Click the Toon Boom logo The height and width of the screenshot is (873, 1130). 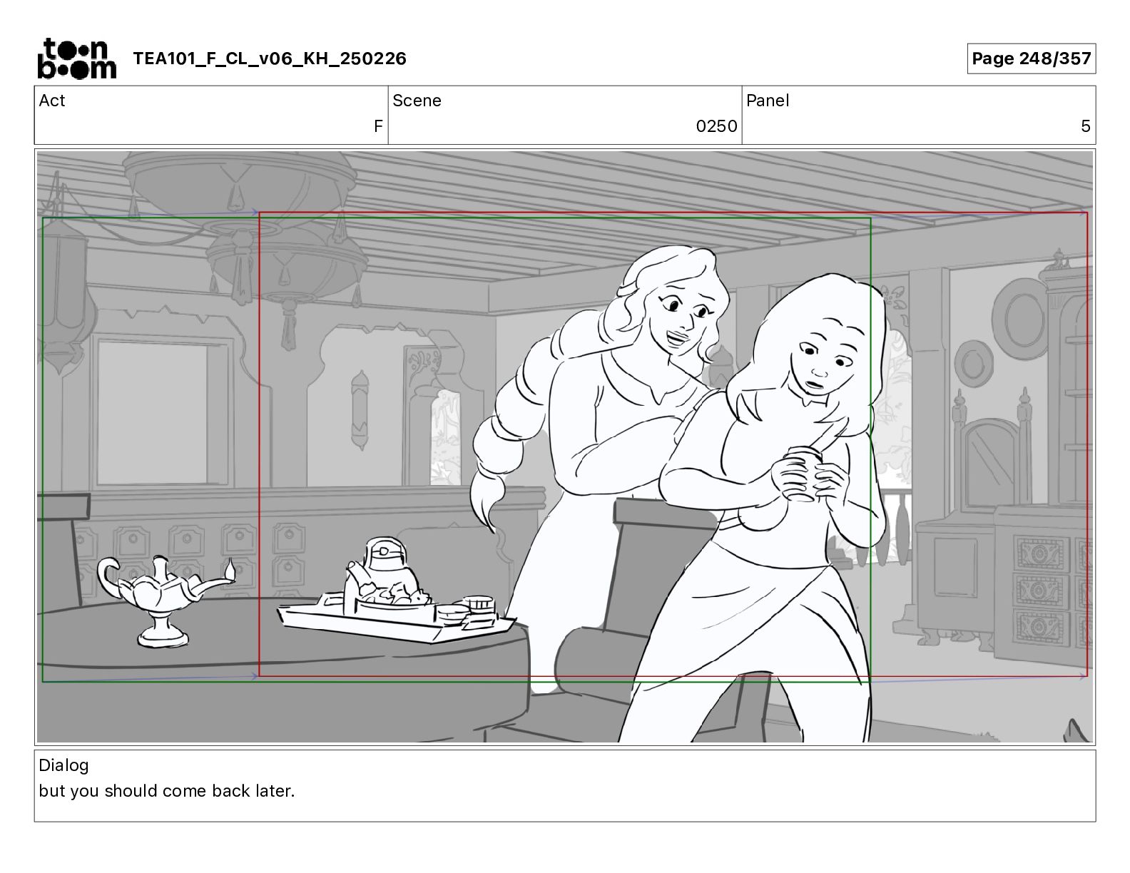(x=77, y=58)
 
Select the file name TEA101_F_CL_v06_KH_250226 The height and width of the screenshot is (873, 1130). (x=270, y=58)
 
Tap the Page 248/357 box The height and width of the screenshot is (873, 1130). (x=1032, y=58)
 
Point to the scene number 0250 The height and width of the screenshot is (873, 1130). (x=716, y=126)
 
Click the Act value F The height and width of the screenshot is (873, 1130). (x=378, y=126)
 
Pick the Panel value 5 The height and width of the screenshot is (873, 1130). (x=1085, y=126)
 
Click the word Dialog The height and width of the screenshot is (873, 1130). (x=63, y=765)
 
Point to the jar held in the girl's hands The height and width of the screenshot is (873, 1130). (x=803, y=474)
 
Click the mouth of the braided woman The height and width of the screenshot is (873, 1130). (x=677, y=339)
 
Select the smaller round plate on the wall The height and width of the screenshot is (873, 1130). (x=974, y=364)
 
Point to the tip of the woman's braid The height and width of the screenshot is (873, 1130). (x=492, y=531)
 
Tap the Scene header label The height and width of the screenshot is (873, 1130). (x=417, y=101)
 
